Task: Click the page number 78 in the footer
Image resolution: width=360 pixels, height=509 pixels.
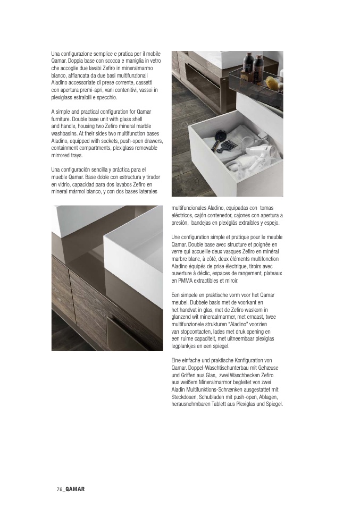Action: coord(60,489)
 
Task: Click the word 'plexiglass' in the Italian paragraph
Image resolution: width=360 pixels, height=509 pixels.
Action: coord(64,98)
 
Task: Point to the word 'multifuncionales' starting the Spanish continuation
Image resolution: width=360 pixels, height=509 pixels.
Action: coord(191,208)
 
